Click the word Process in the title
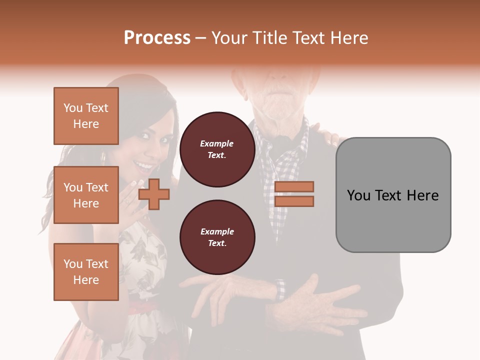(x=157, y=38)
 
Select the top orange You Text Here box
(x=86, y=116)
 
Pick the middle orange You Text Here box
(x=86, y=195)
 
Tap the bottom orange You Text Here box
(x=86, y=272)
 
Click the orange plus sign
(x=154, y=193)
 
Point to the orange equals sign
(x=294, y=194)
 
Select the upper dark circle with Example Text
(x=217, y=149)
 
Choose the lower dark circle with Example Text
(x=217, y=237)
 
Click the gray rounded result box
(x=393, y=194)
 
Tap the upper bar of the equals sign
(x=294, y=186)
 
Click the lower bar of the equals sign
(x=294, y=201)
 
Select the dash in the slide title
(x=201, y=38)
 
